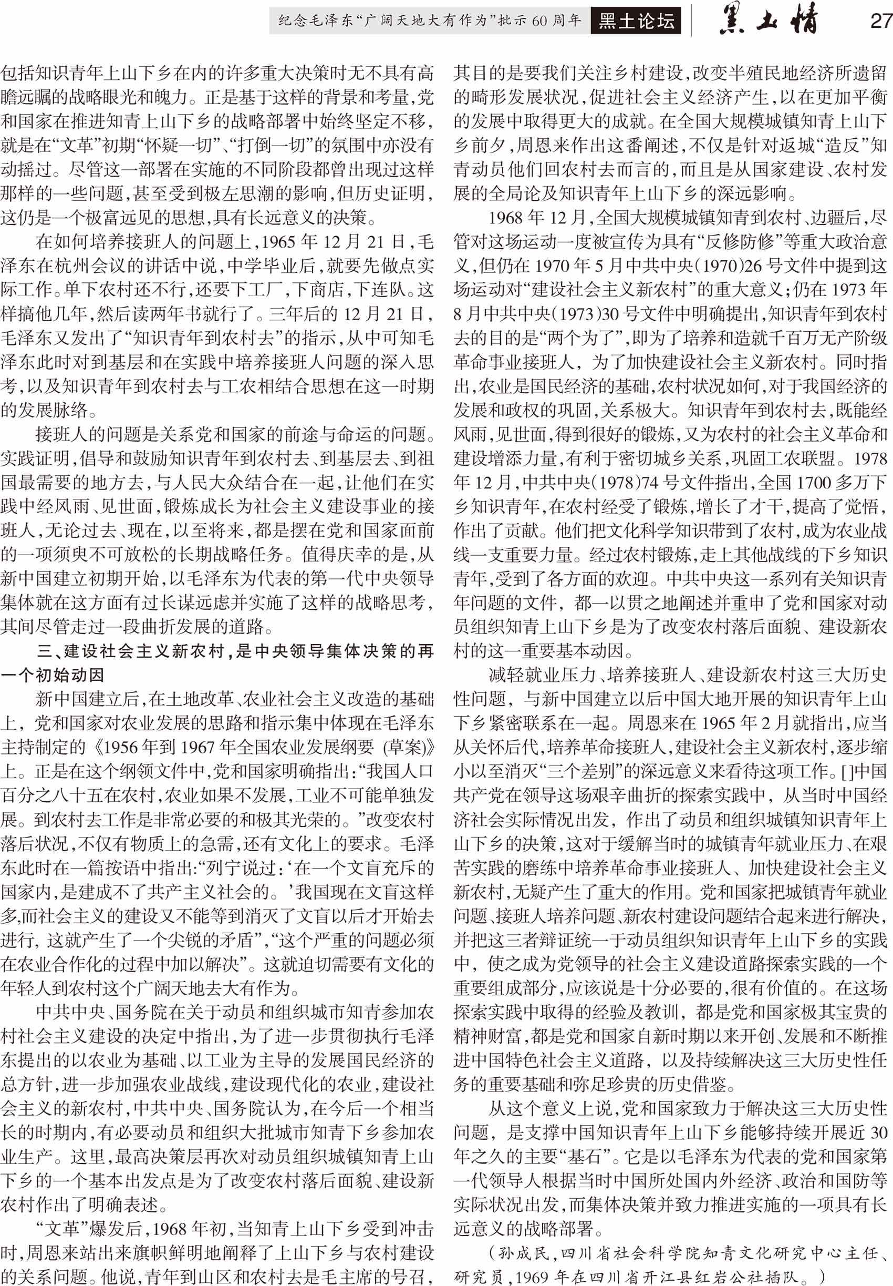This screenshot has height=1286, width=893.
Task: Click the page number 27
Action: [x=881, y=21]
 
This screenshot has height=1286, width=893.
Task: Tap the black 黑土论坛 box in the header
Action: [x=636, y=21]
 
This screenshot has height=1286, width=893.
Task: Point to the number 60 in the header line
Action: [x=539, y=21]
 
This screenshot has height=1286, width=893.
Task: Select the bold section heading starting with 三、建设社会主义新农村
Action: [x=235, y=651]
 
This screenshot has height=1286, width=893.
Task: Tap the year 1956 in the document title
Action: [x=121, y=748]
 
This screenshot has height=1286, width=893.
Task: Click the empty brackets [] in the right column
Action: [x=847, y=771]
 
